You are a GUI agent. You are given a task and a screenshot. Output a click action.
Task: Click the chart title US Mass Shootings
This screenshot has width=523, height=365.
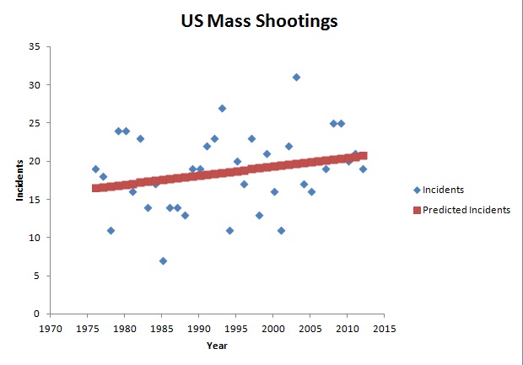point(259,21)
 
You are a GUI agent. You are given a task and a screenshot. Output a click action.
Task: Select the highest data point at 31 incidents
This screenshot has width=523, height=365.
point(296,78)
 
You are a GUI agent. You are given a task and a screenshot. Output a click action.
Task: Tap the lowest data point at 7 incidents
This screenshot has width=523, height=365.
point(163,261)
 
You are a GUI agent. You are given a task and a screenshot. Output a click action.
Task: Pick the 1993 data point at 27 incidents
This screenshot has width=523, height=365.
point(222,109)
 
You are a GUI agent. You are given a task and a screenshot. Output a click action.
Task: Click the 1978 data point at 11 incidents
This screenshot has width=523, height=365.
point(111,231)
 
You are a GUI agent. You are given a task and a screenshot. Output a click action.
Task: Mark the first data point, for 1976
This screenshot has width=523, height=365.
point(95,169)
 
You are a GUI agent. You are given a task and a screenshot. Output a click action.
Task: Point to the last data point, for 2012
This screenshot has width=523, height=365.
point(363,169)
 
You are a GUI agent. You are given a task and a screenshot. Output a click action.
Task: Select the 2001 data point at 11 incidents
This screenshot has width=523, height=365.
point(281,231)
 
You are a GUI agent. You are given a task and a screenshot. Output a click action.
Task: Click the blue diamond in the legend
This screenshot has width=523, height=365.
point(417,190)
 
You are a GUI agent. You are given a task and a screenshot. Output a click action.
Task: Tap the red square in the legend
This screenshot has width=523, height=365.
point(417,210)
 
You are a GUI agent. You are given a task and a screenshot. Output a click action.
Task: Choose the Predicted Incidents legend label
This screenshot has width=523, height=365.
point(466,210)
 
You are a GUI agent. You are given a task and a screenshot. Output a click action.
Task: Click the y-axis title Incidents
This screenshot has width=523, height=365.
point(19,180)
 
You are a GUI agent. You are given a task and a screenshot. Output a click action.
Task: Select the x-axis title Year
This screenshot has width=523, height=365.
point(217,346)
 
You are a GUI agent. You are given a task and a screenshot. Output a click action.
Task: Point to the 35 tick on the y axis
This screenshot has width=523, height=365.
point(35,46)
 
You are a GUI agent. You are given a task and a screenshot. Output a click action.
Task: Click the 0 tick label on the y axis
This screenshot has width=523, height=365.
point(36,314)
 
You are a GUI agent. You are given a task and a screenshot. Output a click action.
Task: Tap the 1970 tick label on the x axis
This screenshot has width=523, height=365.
point(51,329)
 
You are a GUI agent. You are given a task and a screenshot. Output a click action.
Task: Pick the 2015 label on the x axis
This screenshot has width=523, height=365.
point(385,329)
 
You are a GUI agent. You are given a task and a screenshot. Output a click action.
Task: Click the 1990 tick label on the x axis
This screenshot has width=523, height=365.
point(199,329)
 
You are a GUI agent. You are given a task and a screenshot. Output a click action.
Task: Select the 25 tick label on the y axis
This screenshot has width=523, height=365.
point(35,123)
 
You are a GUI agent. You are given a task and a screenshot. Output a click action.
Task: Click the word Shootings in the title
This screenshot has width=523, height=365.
point(297,22)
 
